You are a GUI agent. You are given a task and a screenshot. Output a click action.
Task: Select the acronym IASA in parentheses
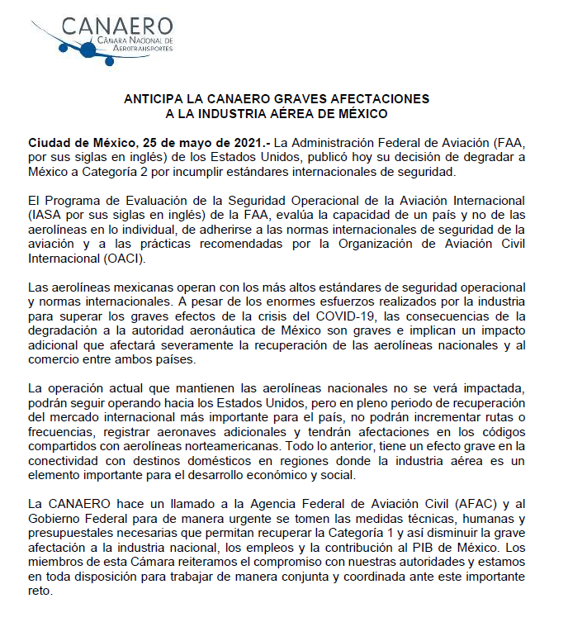click(45, 215)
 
